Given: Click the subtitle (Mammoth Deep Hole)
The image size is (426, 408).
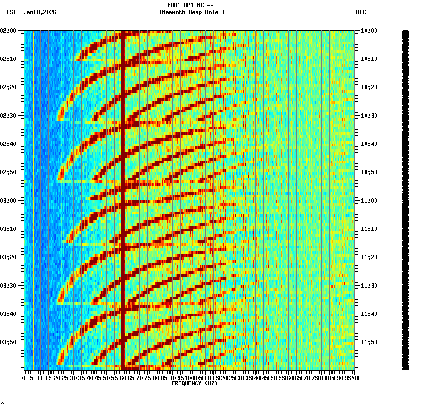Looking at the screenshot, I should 192,12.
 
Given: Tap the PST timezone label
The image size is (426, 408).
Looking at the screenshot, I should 11,12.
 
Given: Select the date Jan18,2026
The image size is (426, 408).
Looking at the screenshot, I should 40,12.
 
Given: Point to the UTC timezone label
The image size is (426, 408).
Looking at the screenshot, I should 360,12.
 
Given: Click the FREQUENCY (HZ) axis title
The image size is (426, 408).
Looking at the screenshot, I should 195,383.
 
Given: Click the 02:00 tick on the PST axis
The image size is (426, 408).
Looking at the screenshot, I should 9,31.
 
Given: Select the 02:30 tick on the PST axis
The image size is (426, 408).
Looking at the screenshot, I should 9,116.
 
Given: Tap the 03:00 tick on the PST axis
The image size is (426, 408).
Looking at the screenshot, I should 9,201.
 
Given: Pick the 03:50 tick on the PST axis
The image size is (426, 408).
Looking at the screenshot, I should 9,342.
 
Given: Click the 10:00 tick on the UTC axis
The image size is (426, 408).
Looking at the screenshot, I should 369,31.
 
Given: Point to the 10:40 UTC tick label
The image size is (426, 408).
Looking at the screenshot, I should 369,144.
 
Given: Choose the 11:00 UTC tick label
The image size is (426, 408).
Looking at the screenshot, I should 369,201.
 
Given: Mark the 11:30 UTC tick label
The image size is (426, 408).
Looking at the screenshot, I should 369,286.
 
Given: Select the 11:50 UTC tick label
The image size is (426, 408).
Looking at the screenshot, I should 369,342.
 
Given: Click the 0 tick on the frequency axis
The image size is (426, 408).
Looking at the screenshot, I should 24,378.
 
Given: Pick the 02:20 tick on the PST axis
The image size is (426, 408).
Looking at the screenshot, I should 9,87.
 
